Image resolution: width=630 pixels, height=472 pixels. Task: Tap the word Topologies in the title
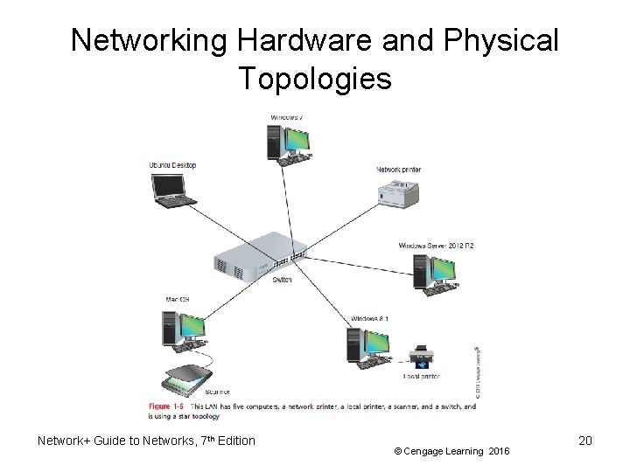click(315, 79)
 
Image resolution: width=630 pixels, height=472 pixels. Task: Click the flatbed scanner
click(186, 377)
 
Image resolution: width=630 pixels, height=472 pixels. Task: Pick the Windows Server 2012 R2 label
click(436, 246)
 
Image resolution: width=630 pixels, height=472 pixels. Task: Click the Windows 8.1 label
click(369, 318)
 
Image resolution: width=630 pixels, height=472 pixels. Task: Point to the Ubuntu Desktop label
click(172, 165)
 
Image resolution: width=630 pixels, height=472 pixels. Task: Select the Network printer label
click(398, 169)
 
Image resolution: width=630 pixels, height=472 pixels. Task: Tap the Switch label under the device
click(282, 280)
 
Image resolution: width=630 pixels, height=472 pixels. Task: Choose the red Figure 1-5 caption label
click(166, 406)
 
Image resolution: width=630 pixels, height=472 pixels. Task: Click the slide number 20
click(585, 441)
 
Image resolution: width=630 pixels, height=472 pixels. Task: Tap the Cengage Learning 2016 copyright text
click(451, 451)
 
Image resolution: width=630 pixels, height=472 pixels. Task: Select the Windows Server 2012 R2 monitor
click(443, 272)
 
